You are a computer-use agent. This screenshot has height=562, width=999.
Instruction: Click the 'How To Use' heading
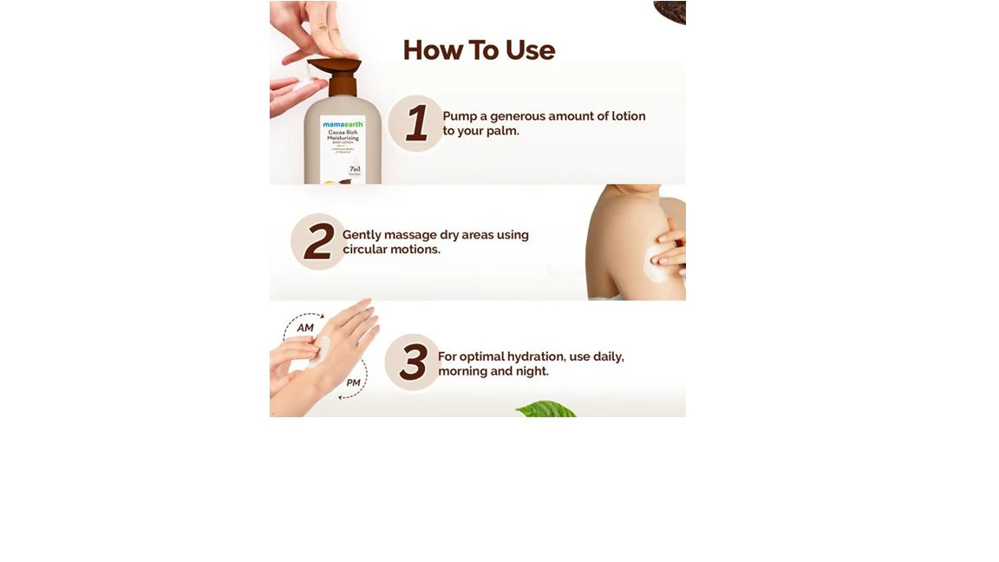pos(479,50)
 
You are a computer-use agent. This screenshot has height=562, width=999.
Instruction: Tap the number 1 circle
pos(416,123)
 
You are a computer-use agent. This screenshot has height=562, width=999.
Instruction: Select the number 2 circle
pos(318,241)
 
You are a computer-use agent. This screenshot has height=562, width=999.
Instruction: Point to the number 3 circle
pos(413,362)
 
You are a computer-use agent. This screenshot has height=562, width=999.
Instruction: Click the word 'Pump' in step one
pos(460,116)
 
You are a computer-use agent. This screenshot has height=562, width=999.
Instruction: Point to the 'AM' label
pos(305,328)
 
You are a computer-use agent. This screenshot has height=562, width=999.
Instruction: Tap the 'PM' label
pos(353,382)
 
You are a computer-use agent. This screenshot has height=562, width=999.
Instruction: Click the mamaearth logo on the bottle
pos(343,125)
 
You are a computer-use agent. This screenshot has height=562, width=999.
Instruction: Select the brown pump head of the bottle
pos(335,67)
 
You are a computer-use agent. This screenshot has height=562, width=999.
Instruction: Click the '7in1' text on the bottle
pos(354,169)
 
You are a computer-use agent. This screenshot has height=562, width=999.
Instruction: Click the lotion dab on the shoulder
pos(654,263)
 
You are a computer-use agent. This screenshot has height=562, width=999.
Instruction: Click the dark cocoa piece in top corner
pos(670,11)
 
